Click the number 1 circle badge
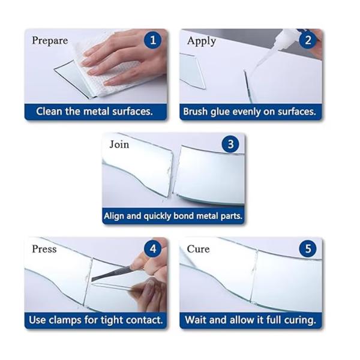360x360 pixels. pos(152,40)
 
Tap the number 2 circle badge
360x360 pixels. pos(308,40)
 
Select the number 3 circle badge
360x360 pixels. pos(230,145)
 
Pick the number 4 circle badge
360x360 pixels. pos(152,249)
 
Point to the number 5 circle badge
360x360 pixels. pos(308,249)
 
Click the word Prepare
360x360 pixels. pos(50,41)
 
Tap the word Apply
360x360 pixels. pos(202,41)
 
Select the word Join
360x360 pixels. pos(119,145)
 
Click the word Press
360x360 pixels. pos(44,249)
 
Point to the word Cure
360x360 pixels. pos(198,249)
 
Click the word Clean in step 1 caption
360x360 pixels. pos(49,112)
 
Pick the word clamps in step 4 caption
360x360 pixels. pos(65,320)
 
